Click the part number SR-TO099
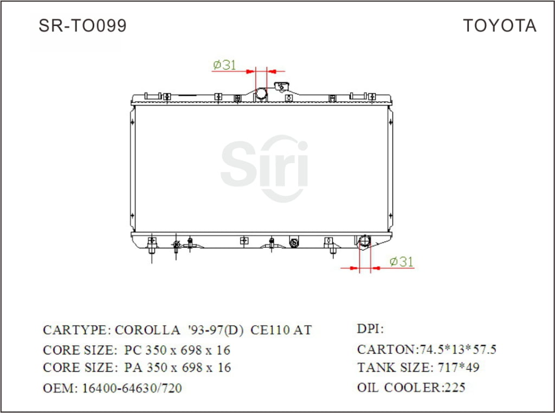click(82, 25)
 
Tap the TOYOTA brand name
click(499, 25)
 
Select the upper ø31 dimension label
click(224, 65)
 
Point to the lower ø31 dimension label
click(402, 262)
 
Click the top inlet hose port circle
click(261, 94)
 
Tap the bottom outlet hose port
click(364, 241)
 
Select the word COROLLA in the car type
click(147, 330)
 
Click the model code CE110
click(269, 330)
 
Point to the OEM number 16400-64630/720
click(132, 388)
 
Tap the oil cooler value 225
click(454, 388)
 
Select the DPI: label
click(370, 329)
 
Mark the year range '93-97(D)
click(215, 330)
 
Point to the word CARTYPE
click(76, 330)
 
